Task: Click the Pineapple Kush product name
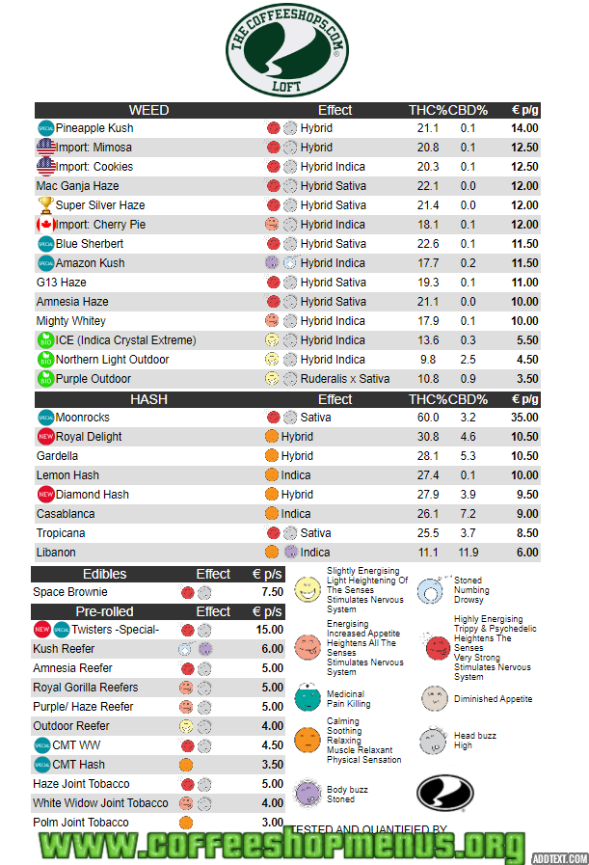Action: [x=94, y=128]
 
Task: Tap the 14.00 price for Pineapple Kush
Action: [x=524, y=128]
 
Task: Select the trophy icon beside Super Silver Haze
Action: [x=45, y=205]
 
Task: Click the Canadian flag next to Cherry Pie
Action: [x=45, y=225]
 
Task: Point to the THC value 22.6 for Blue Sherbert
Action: [x=428, y=244]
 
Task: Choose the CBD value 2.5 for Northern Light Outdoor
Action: [x=468, y=360]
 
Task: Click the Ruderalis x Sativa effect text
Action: [x=344, y=379]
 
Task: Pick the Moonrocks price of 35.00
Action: [x=524, y=418]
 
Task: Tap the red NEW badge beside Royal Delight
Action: [x=45, y=437]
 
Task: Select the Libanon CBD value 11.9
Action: [x=466, y=553]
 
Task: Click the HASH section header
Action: [x=148, y=399]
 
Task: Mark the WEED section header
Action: [x=148, y=110]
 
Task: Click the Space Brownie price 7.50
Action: [x=273, y=592]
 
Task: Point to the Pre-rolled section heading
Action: [x=104, y=611]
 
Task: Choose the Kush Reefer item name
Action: [x=64, y=649]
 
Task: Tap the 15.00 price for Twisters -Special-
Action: [x=270, y=630]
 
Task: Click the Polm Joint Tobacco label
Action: [x=80, y=823]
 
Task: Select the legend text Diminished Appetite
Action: [x=493, y=699]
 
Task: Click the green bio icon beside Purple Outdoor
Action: [x=44, y=379]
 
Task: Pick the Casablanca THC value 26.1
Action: [x=428, y=514]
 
